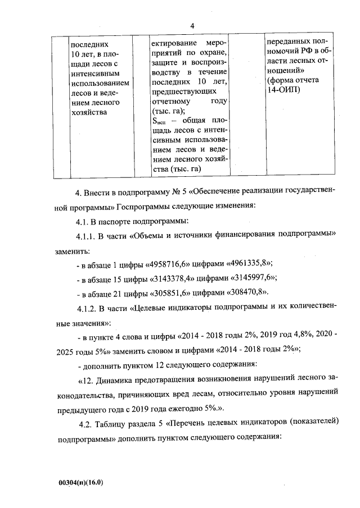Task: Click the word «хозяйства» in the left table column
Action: (87, 113)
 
